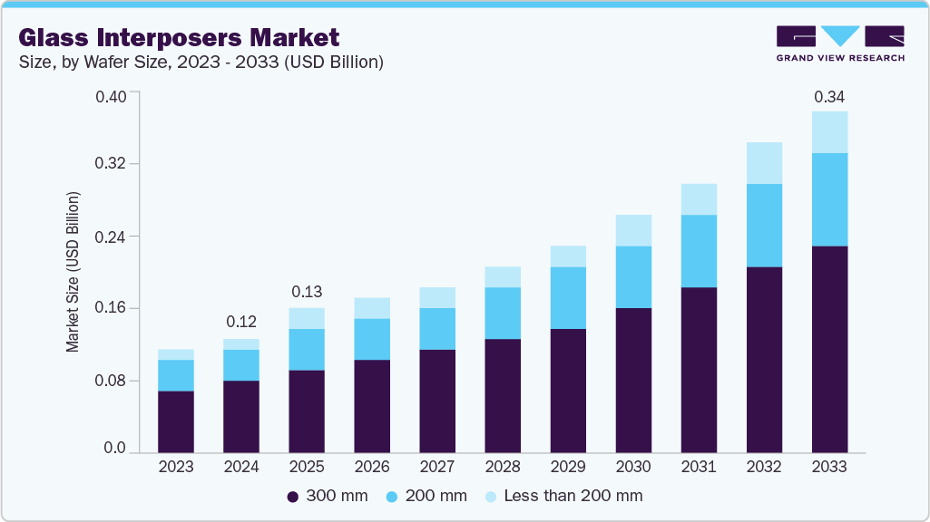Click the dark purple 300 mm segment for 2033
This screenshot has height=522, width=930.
click(829, 349)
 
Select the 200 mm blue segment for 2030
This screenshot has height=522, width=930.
click(633, 276)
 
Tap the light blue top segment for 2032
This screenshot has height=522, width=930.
click(764, 163)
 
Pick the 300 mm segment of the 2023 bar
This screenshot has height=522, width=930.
click(176, 421)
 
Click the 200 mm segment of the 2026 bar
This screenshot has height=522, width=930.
click(372, 339)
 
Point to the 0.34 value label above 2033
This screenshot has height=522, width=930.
click(829, 96)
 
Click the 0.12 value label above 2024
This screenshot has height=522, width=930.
click(241, 322)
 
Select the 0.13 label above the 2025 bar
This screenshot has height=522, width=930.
click(307, 292)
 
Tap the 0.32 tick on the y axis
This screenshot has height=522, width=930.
click(110, 164)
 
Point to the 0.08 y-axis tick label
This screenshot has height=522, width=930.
click(110, 381)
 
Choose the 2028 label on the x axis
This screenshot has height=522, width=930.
click(503, 467)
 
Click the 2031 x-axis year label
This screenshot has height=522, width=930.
click(699, 467)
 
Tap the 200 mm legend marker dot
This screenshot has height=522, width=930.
click(391, 496)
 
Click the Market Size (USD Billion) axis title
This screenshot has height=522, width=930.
click(73, 272)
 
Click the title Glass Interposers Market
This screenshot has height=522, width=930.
click(179, 37)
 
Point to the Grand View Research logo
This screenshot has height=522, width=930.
click(840, 43)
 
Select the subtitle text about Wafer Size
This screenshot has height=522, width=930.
click(201, 63)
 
